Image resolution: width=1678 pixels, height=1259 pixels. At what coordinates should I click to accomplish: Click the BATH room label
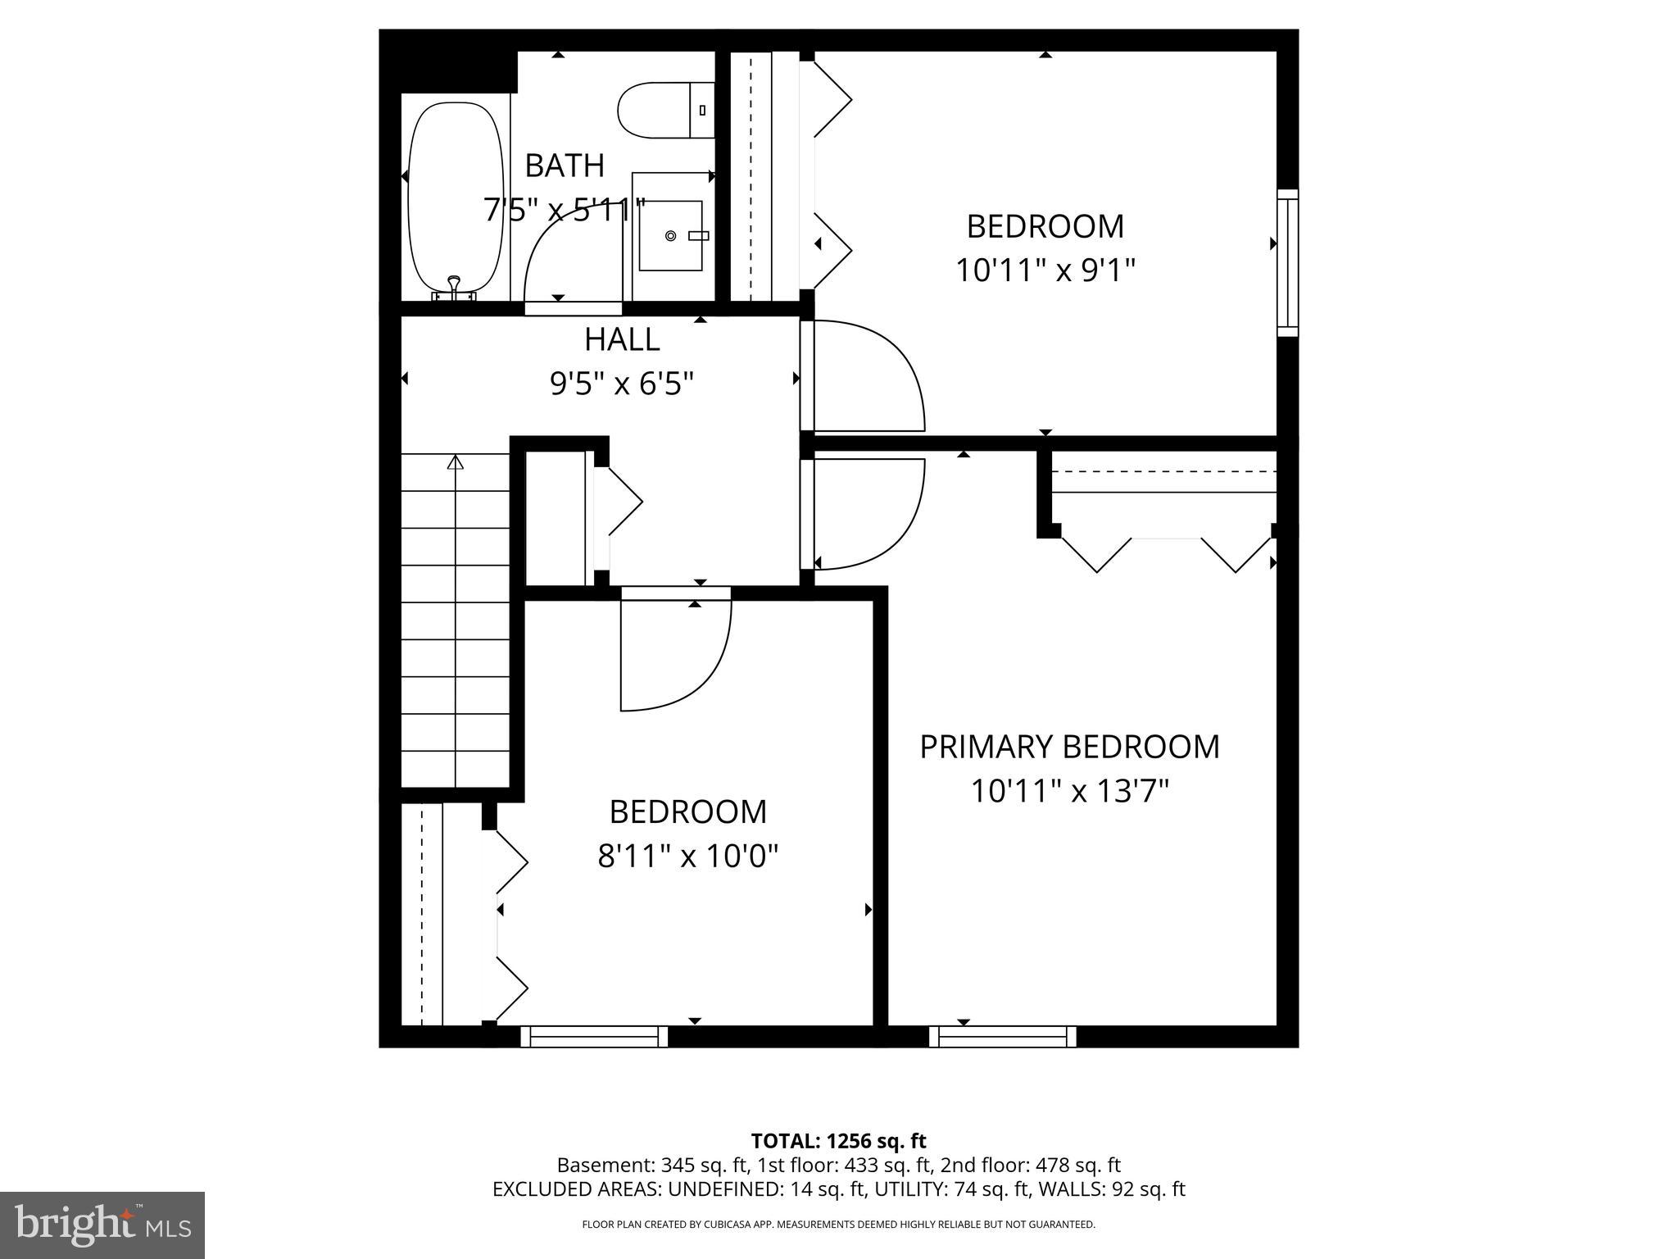(x=565, y=166)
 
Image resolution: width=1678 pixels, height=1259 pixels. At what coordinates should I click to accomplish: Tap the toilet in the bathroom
(x=664, y=111)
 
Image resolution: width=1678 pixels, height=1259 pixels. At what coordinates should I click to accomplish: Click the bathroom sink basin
(x=671, y=236)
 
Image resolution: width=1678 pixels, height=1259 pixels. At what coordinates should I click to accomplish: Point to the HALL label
(x=622, y=339)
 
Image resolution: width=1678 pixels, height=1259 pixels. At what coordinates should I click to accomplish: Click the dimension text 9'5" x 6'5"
(x=622, y=383)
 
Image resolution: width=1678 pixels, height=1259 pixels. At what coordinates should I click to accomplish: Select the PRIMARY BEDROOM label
(x=1069, y=747)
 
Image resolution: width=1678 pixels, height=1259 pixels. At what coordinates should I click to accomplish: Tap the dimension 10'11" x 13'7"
(x=1069, y=792)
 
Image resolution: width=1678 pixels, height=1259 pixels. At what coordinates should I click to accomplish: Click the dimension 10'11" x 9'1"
(x=1045, y=270)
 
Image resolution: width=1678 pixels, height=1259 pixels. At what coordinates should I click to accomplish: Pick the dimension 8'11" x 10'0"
(x=687, y=857)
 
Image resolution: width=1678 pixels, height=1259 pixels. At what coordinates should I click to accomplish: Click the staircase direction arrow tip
(x=456, y=462)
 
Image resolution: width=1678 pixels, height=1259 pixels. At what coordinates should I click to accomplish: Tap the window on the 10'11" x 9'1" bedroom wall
(x=1288, y=263)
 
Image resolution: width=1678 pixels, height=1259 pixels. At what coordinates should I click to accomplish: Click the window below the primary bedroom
(x=1003, y=1037)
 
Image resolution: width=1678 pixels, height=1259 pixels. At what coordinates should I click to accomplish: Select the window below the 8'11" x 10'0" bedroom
(x=594, y=1037)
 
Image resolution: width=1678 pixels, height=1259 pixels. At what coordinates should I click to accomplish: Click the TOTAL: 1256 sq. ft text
(x=838, y=1141)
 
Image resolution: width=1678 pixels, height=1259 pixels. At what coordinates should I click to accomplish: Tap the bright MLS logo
(x=102, y=1225)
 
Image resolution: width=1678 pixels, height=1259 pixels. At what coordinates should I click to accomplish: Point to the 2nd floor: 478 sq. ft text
(x=1030, y=1165)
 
